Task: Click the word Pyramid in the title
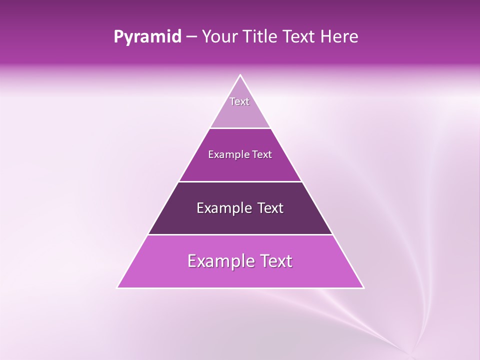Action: coord(147,37)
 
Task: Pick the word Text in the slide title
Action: coord(300,37)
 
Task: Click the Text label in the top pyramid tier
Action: coord(239,101)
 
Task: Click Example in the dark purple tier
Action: coord(220,208)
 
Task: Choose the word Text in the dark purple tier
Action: coord(265,208)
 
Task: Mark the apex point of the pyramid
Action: coord(240,75)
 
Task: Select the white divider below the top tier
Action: coord(240,128)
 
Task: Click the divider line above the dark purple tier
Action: coord(240,181)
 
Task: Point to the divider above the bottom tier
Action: coord(240,234)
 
